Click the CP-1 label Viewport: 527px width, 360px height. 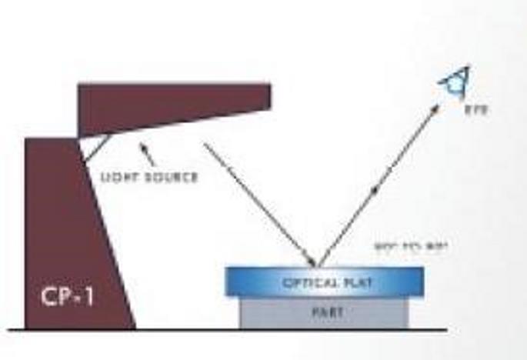(x=68, y=297)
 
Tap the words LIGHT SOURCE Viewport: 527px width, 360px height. (x=148, y=178)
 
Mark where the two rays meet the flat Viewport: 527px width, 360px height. (x=316, y=266)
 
